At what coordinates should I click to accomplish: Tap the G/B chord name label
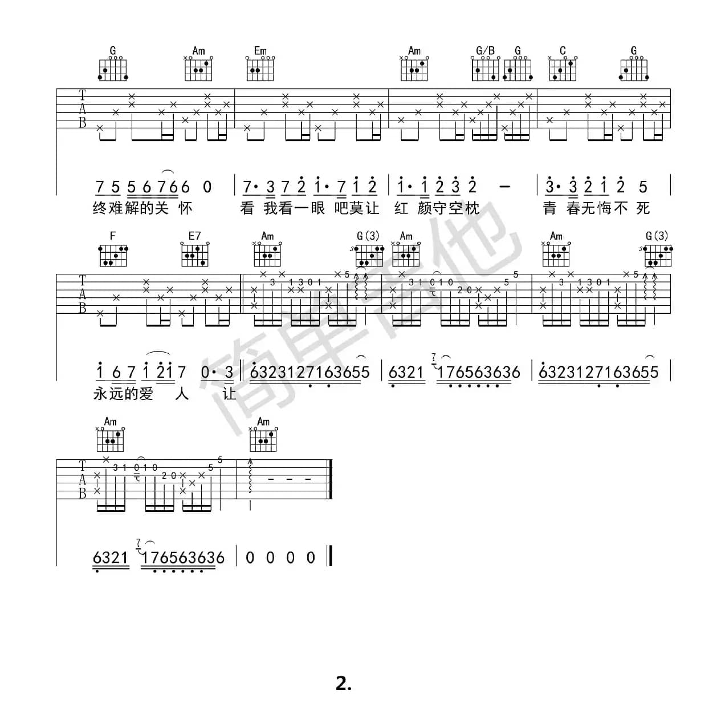[485, 51]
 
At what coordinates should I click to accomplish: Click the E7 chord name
[194, 236]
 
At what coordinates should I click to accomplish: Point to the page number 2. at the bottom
[344, 683]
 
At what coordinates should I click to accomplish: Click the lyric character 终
[100, 208]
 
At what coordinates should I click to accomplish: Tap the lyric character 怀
[186, 208]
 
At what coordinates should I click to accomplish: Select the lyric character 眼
[317, 208]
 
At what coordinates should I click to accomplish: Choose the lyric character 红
[401, 208]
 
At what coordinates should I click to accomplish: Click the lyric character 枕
[473, 208]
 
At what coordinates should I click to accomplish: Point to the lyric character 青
[549, 208]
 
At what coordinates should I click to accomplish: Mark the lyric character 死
[643, 208]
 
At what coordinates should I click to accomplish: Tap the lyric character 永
[100, 394]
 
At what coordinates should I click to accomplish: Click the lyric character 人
[182, 394]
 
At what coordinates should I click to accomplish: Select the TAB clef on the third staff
[83, 479]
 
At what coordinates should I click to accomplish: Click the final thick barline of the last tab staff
[330, 479]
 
